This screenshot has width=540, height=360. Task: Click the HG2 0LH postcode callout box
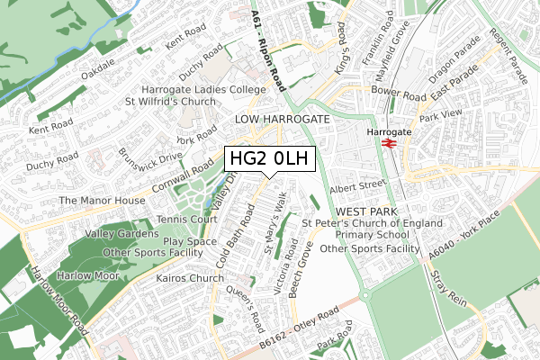(x=269, y=159)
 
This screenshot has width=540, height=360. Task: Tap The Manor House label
(x=102, y=200)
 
